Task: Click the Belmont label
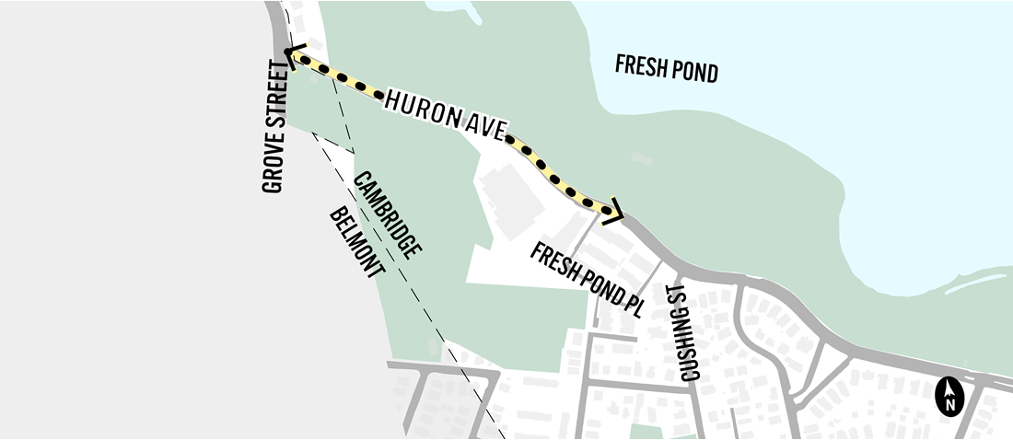tap(355, 244)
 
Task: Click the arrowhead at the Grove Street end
tap(292, 57)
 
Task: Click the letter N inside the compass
tap(949, 401)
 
